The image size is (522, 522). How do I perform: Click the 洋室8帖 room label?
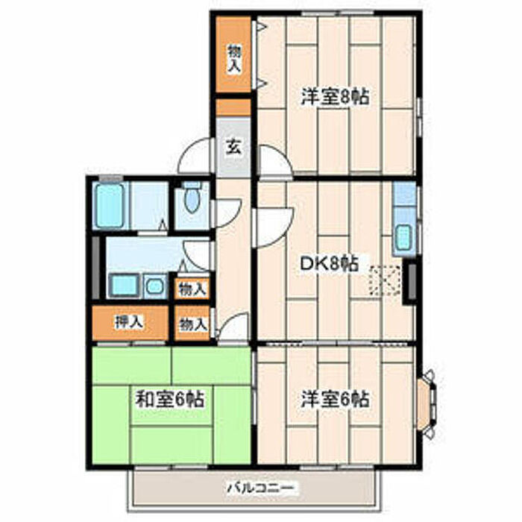pyautogui.click(x=335, y=97)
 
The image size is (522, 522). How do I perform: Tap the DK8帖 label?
pyautogui.click(x=330, y=264)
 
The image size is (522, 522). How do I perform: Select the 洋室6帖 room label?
pyautogui.click(x=335, y=399)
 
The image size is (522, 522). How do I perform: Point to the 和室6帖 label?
pyautogui.click(x=170, y=399)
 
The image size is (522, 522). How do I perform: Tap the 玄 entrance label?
pyautogui.click(x=233, y=147)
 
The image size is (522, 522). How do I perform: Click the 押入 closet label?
pyautogui.click(x=129, y=321)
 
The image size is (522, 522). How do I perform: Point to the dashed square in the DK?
pyautogui.click(x=385, y=280)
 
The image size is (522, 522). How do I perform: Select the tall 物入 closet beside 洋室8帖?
pyautogui.click(x=233, y=54)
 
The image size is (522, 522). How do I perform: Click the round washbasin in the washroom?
pyautogui.click(x=154, y=286)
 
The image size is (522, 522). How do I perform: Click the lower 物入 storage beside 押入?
pyautogui.click(x=192, y=324)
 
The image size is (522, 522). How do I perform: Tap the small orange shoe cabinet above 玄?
pyautogui.click(x=233, y=107)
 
